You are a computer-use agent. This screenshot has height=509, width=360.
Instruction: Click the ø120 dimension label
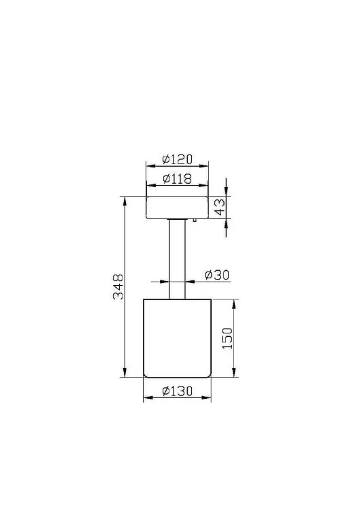177,159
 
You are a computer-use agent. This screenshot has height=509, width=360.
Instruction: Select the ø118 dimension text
177,178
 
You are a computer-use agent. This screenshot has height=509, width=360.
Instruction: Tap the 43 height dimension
220,207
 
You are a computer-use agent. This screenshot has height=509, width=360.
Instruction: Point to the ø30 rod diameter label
217,275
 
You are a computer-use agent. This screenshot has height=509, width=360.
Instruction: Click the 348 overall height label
118,286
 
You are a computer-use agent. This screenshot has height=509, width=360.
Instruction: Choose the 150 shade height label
227,338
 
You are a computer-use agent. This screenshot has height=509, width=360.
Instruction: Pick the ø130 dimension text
177,391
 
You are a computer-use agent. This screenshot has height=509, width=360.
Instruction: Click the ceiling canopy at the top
177,208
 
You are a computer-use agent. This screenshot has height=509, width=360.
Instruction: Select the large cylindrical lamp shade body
177,338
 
